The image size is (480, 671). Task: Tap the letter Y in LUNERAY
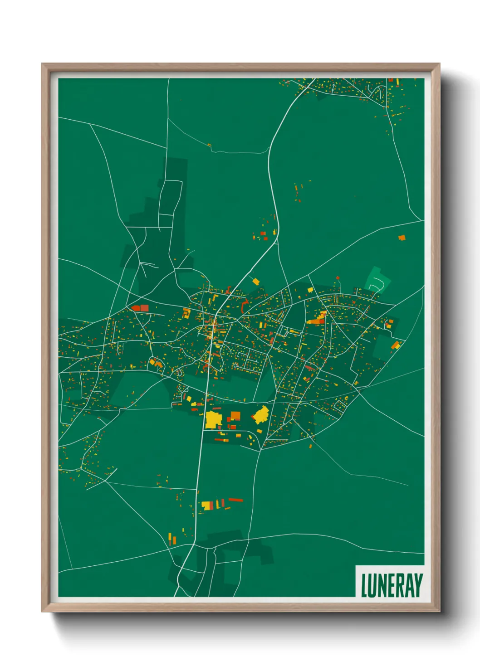[418, 586]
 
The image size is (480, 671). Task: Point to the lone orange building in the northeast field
[401, 238]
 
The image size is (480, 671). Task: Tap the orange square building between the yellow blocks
[235, 415]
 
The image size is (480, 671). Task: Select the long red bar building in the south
[235, 500]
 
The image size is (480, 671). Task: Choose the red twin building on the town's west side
[140, 308]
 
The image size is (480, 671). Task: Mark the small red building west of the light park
[338, 277]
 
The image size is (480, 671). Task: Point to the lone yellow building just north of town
[255, 282]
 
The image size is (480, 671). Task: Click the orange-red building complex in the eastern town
[317, 319]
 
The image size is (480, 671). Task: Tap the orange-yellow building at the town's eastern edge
[396, 345]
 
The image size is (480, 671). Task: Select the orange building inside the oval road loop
[156, 363]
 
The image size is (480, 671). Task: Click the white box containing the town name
[390, 582]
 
